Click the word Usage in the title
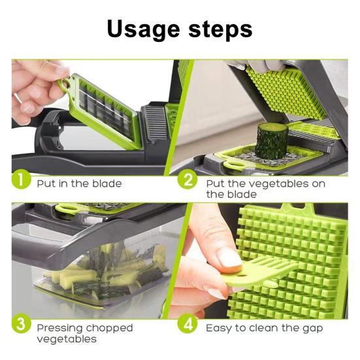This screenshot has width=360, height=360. coord(144,30)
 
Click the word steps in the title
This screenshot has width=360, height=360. coord(221,29)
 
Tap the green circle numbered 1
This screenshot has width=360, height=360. coord(21,180)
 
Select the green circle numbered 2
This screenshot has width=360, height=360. coord(188,180)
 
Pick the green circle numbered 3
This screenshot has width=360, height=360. coord(21,323)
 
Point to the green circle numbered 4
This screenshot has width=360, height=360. coord(188,323)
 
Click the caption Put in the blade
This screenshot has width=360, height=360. coord(79,184)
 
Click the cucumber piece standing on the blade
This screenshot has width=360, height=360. coord(272,140)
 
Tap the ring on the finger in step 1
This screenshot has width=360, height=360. coord(18,97)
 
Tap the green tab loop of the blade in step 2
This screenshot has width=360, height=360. coord(232,165)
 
